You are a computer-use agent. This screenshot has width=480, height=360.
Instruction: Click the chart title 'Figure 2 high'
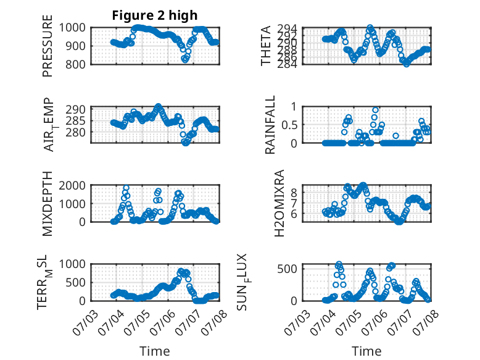coord(155,15)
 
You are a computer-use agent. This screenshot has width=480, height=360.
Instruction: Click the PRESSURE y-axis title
coord(48,46)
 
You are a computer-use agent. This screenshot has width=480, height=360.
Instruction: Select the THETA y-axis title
coord(266,46)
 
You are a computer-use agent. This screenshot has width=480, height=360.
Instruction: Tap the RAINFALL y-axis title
coord(270,125)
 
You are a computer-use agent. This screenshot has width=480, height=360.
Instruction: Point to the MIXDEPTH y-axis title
coord(48,204)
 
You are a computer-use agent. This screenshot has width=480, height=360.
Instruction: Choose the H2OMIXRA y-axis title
coord(279,203)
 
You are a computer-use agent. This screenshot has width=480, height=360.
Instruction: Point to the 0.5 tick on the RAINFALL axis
coord(289,125)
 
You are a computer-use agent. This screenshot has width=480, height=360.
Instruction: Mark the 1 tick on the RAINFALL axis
coord(294,107)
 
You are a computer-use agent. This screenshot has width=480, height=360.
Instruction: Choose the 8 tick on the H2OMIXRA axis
coord(294,193)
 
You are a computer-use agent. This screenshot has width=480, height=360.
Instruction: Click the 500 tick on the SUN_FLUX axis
coord(288,269)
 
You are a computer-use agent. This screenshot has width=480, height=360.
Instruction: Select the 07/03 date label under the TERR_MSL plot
coord(86,322)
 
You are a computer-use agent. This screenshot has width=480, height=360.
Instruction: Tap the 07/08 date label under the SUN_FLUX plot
coord(425,322)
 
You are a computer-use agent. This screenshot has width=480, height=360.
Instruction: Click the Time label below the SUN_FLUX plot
coord(366,351)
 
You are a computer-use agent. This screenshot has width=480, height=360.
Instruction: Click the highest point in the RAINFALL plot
coord(375,110)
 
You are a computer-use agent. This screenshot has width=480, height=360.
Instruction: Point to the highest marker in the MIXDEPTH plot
coord(126,188)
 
